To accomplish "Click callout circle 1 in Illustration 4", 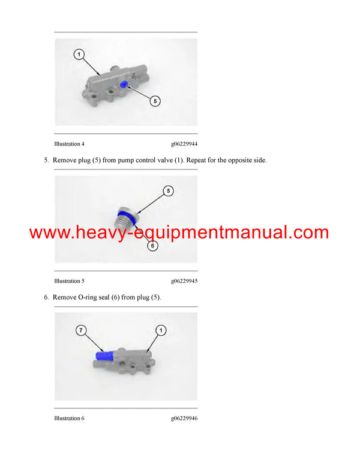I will pyautogui.click(x=79, y=55).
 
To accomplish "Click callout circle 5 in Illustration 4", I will pyautogui.click(x=154, y=101).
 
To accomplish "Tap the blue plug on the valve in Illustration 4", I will pyautogui.click(x=123, y=85).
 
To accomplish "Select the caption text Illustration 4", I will pyautogui.click(x=69, y=144).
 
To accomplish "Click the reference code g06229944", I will pyautogui.click(x=184, y=144).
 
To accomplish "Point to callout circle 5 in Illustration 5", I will pyautogui.click(x=169, y=191).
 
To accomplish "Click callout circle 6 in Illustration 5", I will pyautogui.click(x=152, y=246).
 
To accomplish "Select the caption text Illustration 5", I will pyautogui.click(x=69, y=281).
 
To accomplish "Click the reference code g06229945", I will pyautogui.click(x=184, y=281).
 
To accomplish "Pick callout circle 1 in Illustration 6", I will pyautogui.click(x=160, y=330).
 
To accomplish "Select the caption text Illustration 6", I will pyautogui.click(x=69, y=418).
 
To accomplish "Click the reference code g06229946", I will pyautogui.click(x=184, y=418).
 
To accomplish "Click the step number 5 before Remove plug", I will pyautogui.click(x=46, y=161).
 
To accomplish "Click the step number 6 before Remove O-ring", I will pyautogui.click(x=46, y=297).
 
